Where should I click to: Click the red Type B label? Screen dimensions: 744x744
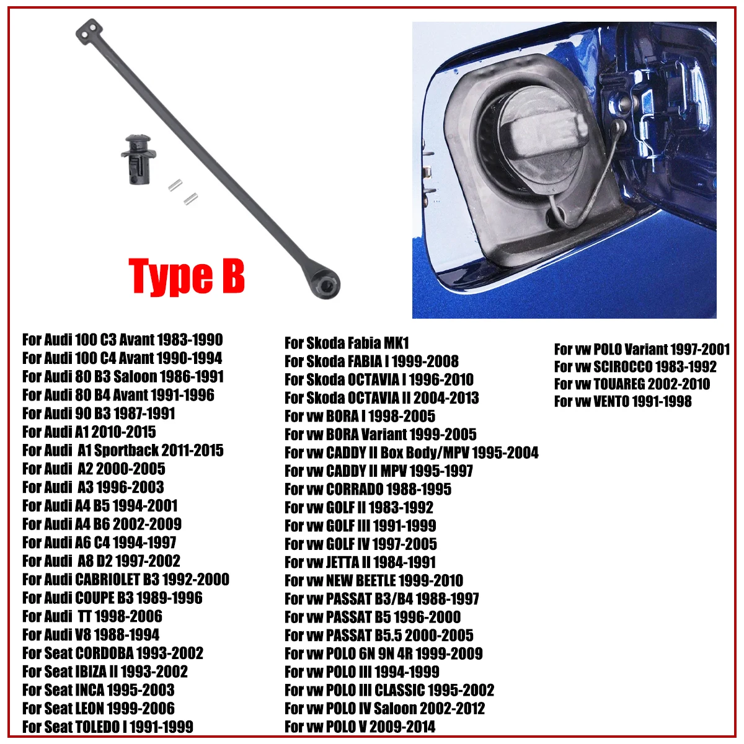click(x=187, y=276)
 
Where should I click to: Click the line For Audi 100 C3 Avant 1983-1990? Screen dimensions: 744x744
click(x=122, y=340)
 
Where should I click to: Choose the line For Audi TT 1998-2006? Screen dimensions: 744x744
click(x=92, y=616)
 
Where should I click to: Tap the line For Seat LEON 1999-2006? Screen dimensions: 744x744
click(x=98, y=708)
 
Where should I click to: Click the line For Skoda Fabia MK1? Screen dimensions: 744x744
click(x=347, y=343)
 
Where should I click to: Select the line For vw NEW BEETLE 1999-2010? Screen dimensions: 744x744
click(x=373, y=581)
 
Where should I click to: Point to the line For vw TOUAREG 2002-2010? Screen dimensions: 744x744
click(x=632, y=384)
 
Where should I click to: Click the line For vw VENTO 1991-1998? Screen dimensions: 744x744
click(x=622, y=401)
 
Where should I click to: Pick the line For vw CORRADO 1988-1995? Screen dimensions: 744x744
click(x=368, y=489)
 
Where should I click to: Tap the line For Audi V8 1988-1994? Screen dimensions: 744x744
click(x=91, y=635)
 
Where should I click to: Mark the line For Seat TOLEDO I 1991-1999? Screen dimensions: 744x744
click(x=107, y=727)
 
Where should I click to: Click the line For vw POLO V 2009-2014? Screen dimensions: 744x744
click(x=360, y=727)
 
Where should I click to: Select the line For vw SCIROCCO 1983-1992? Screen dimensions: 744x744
click(x=635, y=366)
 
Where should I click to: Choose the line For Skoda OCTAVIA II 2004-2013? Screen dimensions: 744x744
click(x=381, y=397)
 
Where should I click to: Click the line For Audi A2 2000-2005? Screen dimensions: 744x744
click(x=94, y=469)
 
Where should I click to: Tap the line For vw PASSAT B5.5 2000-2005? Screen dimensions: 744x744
click(x=379, y=635)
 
